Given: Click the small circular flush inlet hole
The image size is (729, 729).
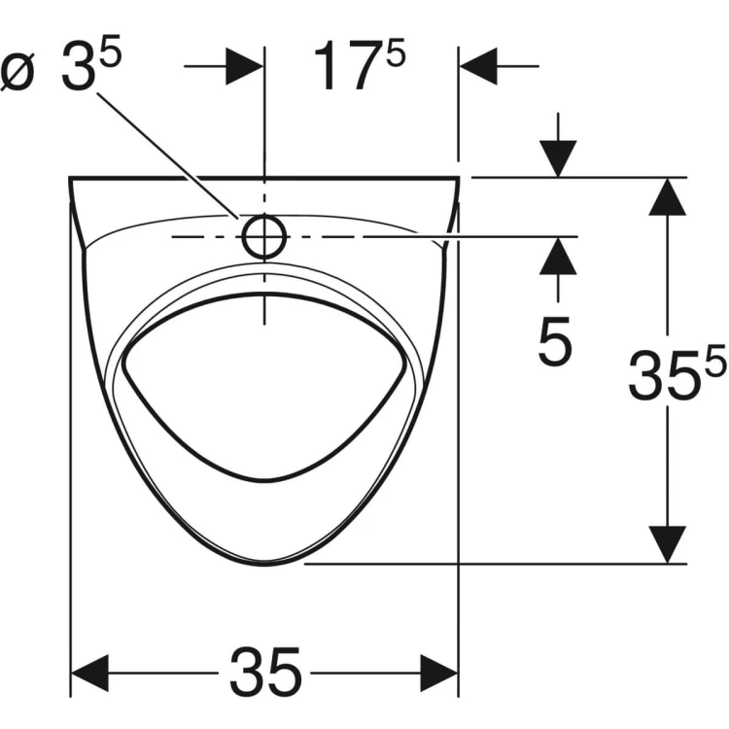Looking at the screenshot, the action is pyautogui.click(x=263, y=236).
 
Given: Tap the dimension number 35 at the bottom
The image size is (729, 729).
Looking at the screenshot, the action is pyautogui.click(x=265, y=673).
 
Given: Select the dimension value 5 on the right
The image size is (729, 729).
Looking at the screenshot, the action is pyautogui.click(x=555, y=341).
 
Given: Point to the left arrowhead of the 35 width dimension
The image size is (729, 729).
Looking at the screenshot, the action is pyautogui.click(x=89, y=673).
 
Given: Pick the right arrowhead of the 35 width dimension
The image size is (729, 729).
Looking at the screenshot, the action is pyautogui.click(x=439, y=673).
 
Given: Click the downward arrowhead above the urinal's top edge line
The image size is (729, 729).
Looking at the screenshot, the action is pyautogui.click(x=558, y=159).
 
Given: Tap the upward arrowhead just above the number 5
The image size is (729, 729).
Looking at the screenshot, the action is pyautogui.click(x=558, y=257).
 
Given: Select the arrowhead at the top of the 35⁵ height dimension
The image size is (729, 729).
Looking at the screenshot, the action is pyautogui.click(x=667, y=196).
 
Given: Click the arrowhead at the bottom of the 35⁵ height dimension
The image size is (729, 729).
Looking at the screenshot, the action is pyautogui.click(x=667, y=545).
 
